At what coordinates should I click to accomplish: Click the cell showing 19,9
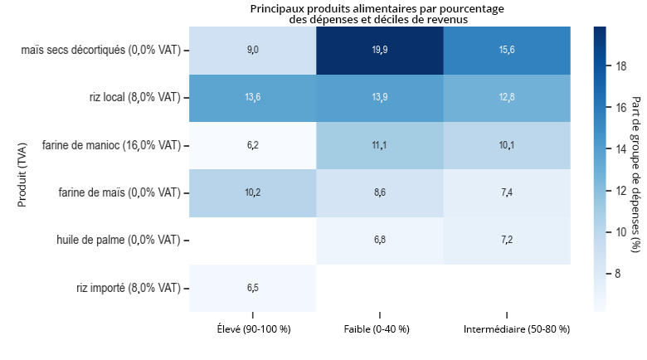click(380, 51)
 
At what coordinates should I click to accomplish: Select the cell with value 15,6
click(507, 51)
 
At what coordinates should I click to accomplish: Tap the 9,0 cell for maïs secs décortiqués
click(253, 51)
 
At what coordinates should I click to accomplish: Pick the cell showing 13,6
click(253, 98)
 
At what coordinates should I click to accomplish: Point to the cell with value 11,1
click(380, 145)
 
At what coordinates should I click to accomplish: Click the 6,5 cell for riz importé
click(253, 288)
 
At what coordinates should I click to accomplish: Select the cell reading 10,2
click(253, 193)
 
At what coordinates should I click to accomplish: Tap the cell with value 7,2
click(507, 241)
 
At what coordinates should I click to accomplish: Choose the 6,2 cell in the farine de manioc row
click(253, 145)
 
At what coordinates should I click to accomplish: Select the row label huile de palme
click(119, 241)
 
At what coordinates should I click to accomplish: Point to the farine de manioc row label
click(111, 145)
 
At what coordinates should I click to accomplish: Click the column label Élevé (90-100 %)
click(253, 329)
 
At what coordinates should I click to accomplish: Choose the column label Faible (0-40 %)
click(380, 329)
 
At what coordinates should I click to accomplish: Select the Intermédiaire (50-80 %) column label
click(507, 329)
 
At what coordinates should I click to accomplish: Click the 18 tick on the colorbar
click(620, 67)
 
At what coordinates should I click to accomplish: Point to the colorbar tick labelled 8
click(618, 273)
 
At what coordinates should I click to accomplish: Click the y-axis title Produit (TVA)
click(22, 169)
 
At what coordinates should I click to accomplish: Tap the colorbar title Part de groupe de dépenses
click(636, 168)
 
